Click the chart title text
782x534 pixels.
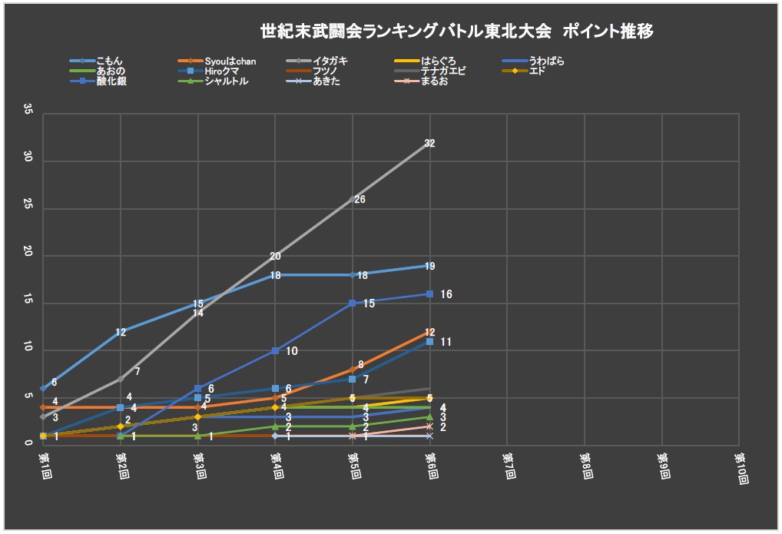coord(457,32)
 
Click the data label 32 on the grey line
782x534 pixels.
coord(429,143)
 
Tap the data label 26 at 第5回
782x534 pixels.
coord(360,200)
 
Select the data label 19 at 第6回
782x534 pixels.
coord(429,267)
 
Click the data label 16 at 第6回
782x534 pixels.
coord(446,294)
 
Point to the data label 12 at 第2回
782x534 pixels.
coord(121,333)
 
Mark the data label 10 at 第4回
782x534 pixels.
coord(292,351)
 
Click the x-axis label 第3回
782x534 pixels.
coord(199,466)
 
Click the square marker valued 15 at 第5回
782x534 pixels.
coord(352,303)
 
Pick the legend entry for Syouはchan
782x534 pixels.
coord(230,61)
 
